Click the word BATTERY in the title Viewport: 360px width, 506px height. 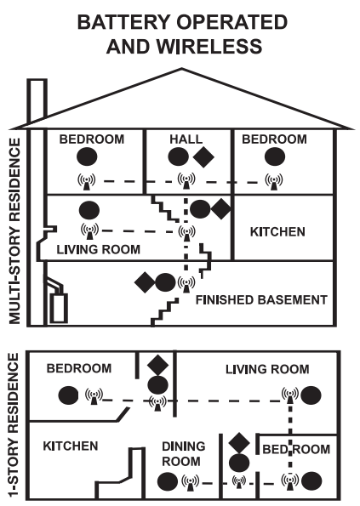pyautogui.click(x=117, y=21)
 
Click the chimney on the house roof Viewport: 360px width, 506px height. pyautogui.click(x=37, y=99)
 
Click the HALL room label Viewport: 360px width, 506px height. pyautogui.click(x=185, y=139)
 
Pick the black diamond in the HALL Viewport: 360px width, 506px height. pyautogui.click(x=203, y=156)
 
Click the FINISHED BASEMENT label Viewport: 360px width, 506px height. pyautogui.click(x=261, y=299)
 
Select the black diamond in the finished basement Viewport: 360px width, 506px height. pyautogui.click(x=144, y=280)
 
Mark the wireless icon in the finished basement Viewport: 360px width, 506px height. pyautogui.click(x=186, y=281)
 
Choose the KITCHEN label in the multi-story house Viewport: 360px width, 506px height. pyautogui.click(x=277, y=231)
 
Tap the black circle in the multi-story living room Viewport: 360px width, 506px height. pyautogui.click(x=87, y=209)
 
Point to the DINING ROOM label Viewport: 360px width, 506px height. pyautogui.click(x=181, y=453)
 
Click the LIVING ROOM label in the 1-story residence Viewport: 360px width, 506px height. pyautogui.click(x=266, y=369)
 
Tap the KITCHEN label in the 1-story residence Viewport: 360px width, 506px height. pyautogui.click(x=71, y=445)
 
